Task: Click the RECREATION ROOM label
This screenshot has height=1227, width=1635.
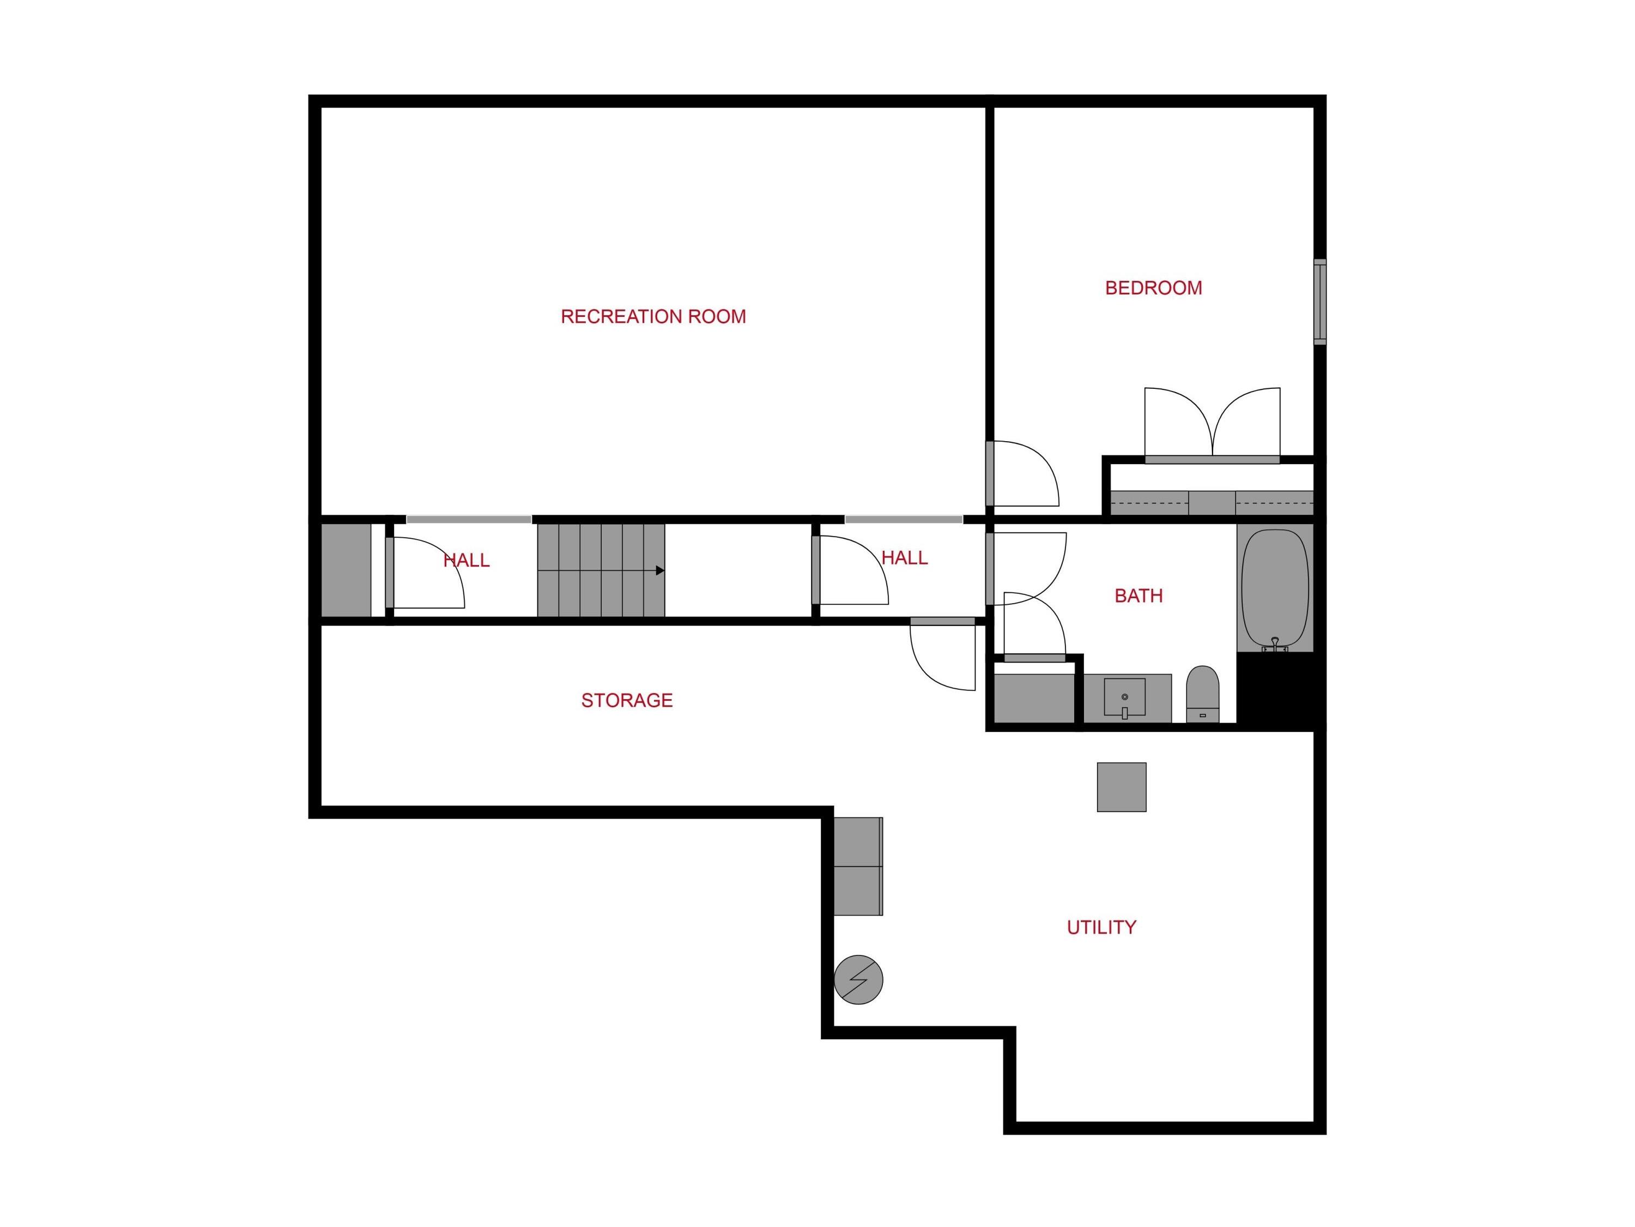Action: [x=653, y=316]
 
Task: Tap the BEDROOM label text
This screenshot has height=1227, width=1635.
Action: [x=1153, y=288]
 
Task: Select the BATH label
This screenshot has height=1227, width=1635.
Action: [x=1139, y=596]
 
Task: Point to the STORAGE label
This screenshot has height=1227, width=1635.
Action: [x=627, y=700]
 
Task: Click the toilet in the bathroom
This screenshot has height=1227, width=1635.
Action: [x=1203, y=694]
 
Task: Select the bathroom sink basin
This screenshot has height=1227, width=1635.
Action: [x=1124, y=697]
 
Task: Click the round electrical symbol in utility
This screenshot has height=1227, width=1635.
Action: [x=858, y=980]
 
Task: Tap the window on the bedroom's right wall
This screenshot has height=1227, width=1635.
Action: [x=1319, y=302]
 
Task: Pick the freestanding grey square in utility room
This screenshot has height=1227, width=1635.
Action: [x=1121, y=787]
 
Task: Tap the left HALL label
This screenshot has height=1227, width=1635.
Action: [x=467, y=561]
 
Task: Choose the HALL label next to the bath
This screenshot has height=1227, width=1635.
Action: [x=905, y=558]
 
